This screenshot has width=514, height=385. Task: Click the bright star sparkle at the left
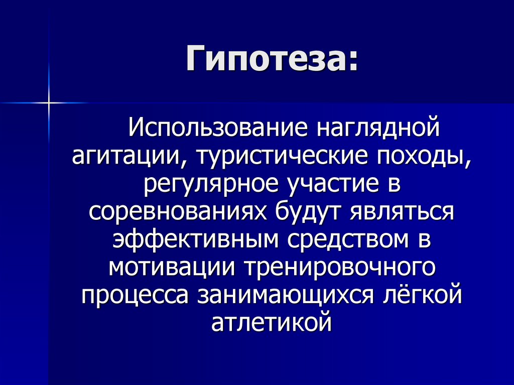pos(50,103)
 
